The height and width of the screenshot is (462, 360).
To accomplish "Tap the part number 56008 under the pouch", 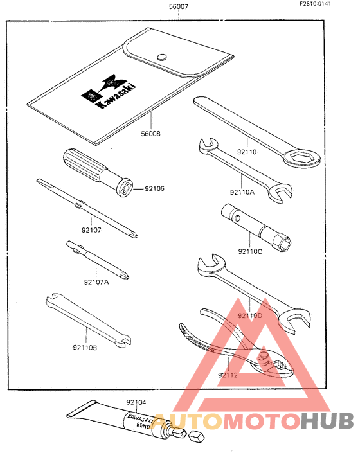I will [x=150, y=134].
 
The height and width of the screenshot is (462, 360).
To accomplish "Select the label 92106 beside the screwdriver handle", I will [x=154, y=189].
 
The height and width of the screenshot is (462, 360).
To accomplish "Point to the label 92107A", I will [x=97, y=281].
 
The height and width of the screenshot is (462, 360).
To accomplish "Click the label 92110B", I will [x=85, y=348].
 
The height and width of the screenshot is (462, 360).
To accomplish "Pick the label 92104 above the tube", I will [x=136, y=402].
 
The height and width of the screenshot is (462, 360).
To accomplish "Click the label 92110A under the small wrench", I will [x=242, y=191].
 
